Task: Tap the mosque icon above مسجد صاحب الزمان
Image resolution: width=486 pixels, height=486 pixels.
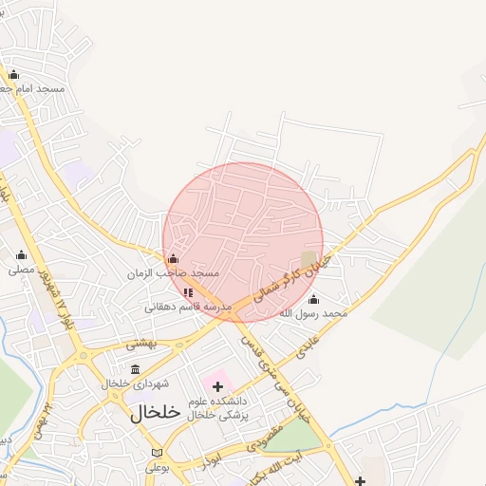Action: (x=172, y=259)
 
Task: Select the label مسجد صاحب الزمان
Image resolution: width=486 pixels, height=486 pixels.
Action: (x=174, y=273)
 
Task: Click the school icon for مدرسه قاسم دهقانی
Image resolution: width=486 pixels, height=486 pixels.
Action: (x=188, y=292)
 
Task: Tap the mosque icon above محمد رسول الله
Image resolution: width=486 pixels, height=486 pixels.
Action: (x=313, y=299)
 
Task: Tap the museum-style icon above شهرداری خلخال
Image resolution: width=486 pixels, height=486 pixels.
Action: (x=135, y=369)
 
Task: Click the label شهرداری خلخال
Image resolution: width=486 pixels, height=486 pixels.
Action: (x=137, y=383)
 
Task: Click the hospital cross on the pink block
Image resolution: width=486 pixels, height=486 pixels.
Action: (x=218, y=386)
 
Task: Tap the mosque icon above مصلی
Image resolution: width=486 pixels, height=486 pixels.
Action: (x=21, y=254)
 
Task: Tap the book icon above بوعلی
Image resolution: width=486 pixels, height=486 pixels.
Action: (x=157, y=453)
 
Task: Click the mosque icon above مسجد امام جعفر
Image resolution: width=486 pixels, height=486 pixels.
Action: (x=13, y=74)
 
